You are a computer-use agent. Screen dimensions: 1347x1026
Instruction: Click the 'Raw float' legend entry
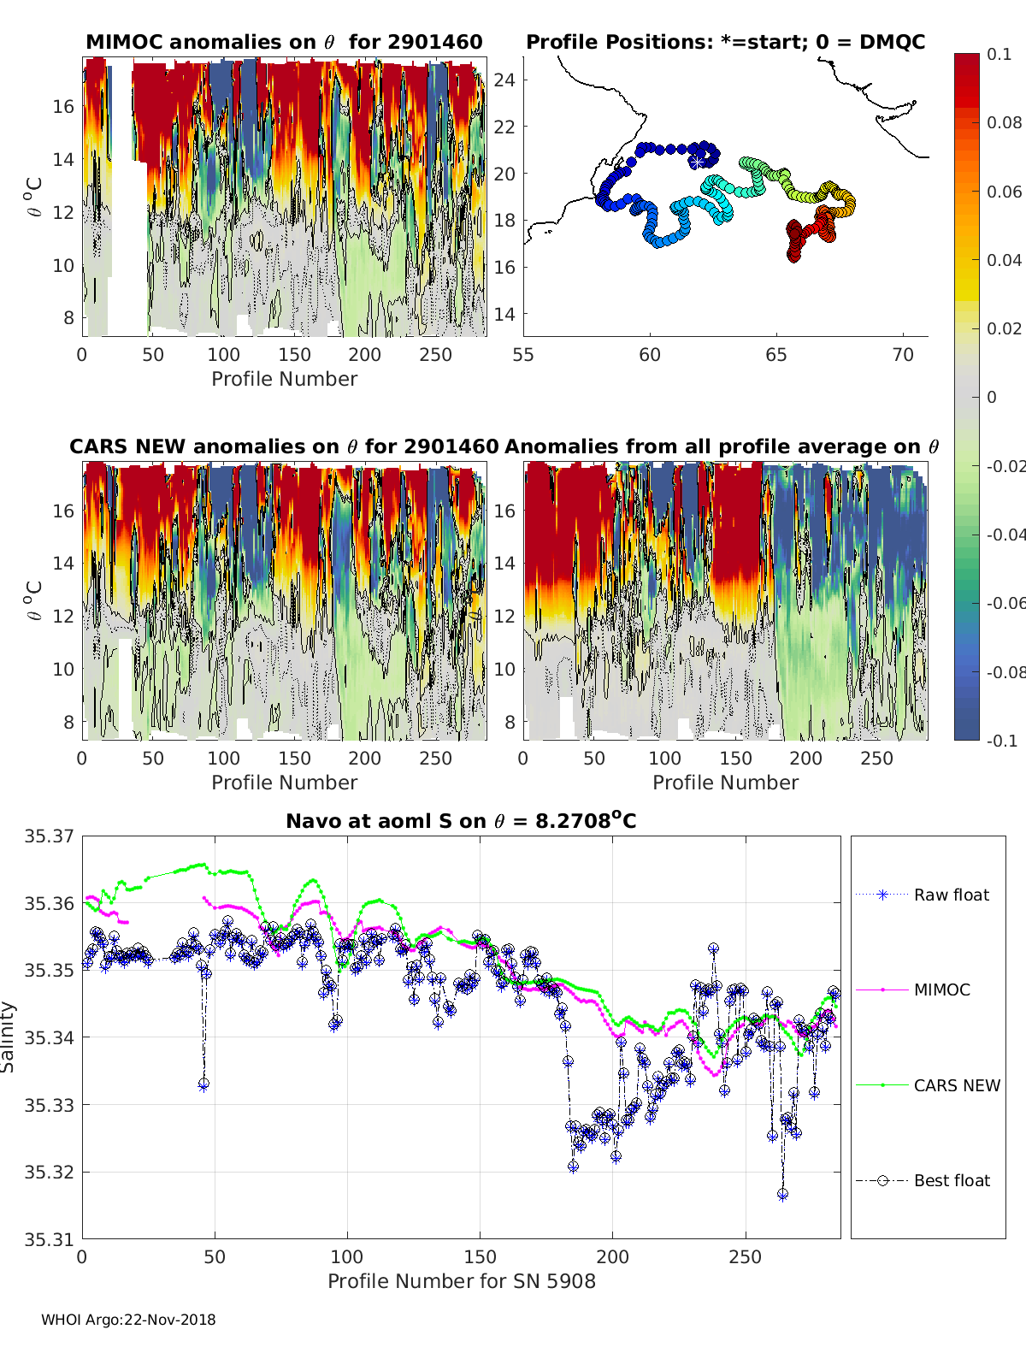[951, 895]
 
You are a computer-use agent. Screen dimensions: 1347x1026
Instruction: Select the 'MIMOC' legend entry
[941, 990]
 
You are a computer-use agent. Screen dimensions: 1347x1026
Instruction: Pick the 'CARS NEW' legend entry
[956, 1085]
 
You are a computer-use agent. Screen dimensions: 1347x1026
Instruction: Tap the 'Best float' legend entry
[951, 1180]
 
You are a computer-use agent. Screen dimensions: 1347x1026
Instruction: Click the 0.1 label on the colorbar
[999, 54]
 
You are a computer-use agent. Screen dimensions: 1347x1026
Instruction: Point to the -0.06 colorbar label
[1004, 603]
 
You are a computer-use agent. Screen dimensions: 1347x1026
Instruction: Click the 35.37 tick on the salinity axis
[50, 836]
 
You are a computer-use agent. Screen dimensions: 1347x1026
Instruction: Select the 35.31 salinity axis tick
[50, 1239]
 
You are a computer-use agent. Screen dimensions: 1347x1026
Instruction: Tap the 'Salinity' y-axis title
[9, 1037]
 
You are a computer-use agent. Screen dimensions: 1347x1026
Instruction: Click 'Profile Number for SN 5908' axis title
[461, 1281]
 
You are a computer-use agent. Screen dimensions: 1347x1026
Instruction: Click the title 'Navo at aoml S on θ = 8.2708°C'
[461, 821]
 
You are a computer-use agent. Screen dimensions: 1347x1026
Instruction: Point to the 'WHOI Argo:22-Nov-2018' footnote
[128, 1320]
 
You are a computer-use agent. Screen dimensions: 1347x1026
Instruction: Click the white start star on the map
[698, 161]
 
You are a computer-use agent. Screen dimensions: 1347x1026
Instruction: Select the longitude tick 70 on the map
[903, 354]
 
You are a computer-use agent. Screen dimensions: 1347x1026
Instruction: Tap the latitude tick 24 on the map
[505, 80]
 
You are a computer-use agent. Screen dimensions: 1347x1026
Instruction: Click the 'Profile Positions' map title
[725, 42]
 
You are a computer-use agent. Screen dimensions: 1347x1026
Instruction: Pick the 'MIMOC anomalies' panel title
[284, 42]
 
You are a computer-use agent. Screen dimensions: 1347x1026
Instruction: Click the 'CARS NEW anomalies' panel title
[284, 446]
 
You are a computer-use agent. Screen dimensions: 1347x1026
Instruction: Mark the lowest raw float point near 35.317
[782, 1195]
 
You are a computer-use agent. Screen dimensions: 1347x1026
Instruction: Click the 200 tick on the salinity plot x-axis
[613, 1256]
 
